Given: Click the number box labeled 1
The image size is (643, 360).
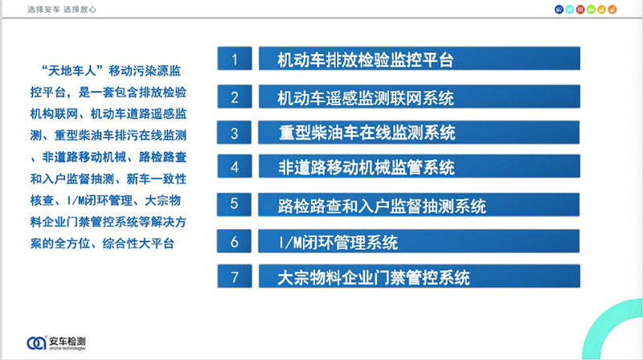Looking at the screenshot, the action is (235, 58).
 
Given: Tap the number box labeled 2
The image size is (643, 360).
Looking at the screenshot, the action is (235, 96).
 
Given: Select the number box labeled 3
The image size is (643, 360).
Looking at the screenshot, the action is (234, 133).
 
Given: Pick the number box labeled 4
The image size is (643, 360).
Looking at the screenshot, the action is (235, 166).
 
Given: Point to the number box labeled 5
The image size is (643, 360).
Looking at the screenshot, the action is (234, 205).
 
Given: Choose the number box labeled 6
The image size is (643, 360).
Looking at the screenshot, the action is (234, 241).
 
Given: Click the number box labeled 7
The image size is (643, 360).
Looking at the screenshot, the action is (235, 276).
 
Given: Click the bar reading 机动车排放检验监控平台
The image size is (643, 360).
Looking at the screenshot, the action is (419, 58).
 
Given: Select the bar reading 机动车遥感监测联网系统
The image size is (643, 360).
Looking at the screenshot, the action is (419, 96).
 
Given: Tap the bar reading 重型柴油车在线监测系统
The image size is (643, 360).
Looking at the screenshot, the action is (419, 133).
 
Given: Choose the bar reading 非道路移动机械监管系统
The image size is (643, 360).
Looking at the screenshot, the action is (419, 166).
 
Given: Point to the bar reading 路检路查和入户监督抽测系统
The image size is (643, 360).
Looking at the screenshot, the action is (419, 205).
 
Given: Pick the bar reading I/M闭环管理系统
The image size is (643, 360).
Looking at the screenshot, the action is (419, 241).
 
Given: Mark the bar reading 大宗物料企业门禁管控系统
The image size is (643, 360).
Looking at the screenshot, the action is (419, 276).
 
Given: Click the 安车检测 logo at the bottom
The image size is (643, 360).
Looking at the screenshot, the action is (56, 343).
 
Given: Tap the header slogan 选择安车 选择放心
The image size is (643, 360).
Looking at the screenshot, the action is (62, 10).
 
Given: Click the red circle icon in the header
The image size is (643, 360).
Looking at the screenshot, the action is (580, 10).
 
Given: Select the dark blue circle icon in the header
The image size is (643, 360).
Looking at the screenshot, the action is (559, 10).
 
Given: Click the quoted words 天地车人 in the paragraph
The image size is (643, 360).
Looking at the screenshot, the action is (72, 71).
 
